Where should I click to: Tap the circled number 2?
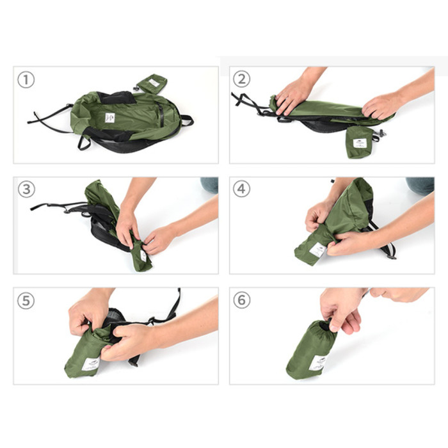(241, 79)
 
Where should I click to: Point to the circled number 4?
(241, 190)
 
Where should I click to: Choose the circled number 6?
(241, 300)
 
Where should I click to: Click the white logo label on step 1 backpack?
(110, 118)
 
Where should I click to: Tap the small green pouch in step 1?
(152, 83)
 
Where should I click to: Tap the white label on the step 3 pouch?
(143, 255)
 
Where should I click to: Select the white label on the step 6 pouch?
(318, 362)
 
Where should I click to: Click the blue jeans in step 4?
(420, 185)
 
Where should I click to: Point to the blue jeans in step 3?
(209, 184)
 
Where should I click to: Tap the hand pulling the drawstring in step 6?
(342, 307)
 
